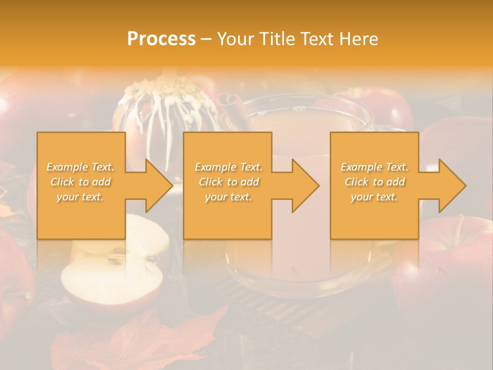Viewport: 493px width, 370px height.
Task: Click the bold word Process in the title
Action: (x=161, y=39)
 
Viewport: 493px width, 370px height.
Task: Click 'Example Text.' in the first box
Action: (x=81, y=167)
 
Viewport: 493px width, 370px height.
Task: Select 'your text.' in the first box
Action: (x=81, y=197)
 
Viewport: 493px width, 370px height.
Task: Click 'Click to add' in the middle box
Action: (x=229, y=182)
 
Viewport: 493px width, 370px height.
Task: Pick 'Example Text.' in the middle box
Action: (x=229, y=167)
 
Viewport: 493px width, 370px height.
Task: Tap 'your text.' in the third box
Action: (x=374, y=197)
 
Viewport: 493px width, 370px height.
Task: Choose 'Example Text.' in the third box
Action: (x=374, y=167)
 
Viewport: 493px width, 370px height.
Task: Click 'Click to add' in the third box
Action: (x=374, y=182)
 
